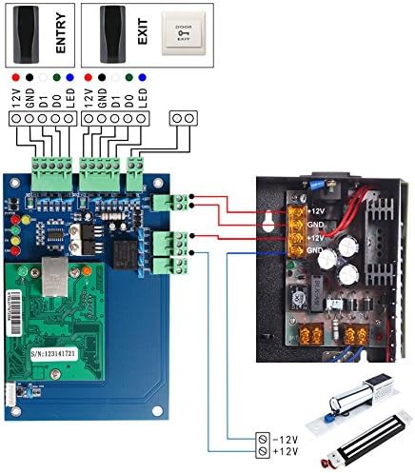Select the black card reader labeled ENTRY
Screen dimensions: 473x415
click(x=26, y=35)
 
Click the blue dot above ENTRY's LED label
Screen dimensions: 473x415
click(x=69, y=75)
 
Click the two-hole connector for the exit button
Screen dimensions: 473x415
click(x=184, y=118)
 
